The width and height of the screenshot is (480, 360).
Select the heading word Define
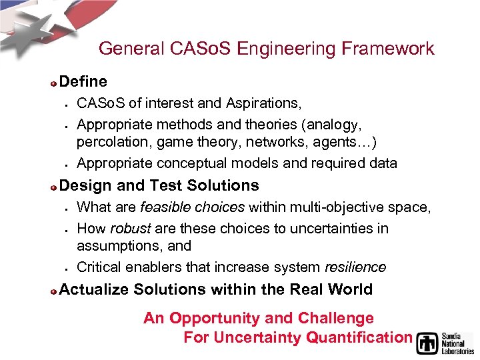coord(83,81)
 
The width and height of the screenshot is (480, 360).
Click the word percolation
coord(109,142)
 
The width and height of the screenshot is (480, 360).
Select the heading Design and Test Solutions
coord(159,185)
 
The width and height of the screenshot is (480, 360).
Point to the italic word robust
coord(130,229)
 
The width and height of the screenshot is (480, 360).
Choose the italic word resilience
coord(355,267)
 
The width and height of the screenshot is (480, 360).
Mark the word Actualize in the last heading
coord(94,289)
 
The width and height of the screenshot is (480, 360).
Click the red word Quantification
coord(359,337)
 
